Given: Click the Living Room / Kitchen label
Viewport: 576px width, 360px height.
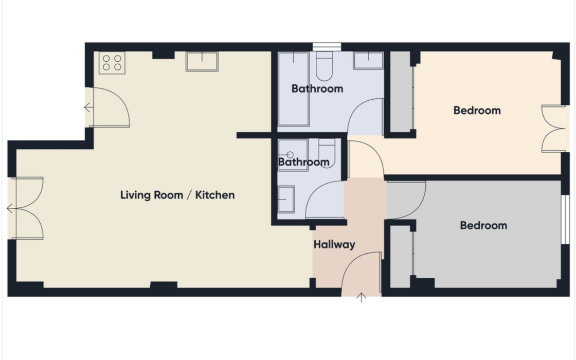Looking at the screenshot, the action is [177, 195].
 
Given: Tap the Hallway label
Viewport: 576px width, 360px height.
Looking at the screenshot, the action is [334, 244].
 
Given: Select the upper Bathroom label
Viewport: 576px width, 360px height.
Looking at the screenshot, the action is [317, 88].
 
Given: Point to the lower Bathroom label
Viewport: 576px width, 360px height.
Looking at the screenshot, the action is [303, 162].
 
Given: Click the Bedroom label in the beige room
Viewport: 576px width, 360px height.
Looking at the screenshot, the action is [477, 110].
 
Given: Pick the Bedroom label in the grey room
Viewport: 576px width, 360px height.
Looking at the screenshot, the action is [483, 225].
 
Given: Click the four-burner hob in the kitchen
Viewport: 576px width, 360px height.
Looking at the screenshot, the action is [112, 63].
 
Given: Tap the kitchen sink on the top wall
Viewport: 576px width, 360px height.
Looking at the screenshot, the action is [202, 61].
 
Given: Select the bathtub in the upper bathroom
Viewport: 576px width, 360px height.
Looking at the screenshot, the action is [293, 89].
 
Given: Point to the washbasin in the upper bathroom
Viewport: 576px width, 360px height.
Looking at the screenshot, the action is [368, 61].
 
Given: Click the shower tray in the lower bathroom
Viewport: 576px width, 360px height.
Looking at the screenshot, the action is [293, 155].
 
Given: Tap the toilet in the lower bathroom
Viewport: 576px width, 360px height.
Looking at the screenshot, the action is [327, 153].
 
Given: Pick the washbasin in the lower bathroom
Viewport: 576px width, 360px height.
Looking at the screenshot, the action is [286, 200].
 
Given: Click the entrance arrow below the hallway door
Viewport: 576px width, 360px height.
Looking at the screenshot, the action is [362, 298].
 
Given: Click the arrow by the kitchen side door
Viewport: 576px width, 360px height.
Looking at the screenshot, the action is [88, 107].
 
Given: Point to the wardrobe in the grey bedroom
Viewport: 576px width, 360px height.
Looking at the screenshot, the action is [400, 257].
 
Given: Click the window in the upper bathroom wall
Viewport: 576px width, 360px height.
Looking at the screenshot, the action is [327, 47].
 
